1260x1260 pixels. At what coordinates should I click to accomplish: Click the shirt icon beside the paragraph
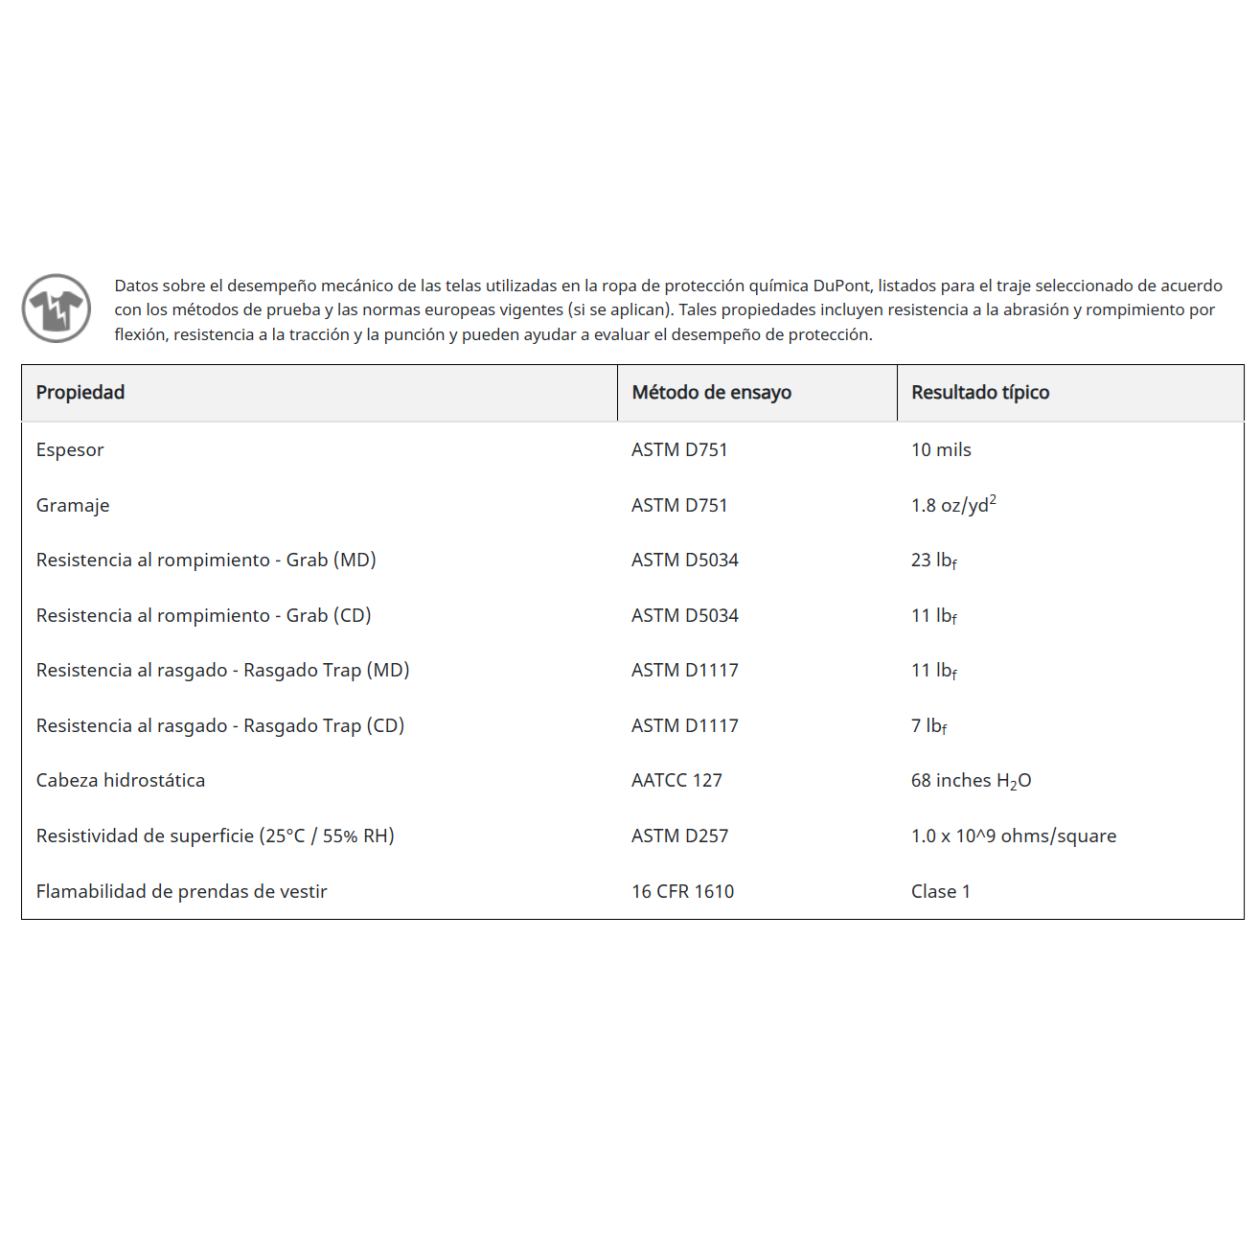pyautogui.click(x=57, y=309)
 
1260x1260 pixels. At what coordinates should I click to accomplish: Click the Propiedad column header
pyautogui.click(x=80, y=393)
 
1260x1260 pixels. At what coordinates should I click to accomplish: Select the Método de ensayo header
pyautogui.click(x=711, y=393)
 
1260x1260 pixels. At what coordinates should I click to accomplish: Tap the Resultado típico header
pyautogui.click(x=980, y=393)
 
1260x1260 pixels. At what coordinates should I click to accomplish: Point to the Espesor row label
pyautogui.click(x=70, y=450)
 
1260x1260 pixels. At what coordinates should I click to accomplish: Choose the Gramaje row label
pyautogui.click(x=73, y=506)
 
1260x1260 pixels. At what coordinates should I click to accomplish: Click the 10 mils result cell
pyautogui.click(x=941, y=450)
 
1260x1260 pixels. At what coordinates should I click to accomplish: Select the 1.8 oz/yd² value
pyautogui.click(x=952, y=505)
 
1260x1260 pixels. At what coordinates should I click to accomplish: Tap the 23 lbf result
pyautogui.click(x=933, y=561)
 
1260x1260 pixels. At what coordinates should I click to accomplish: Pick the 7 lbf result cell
pyautogui.click(x=928, y=726)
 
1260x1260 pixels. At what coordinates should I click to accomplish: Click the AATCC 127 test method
pyautogui.click(x=676, y=781)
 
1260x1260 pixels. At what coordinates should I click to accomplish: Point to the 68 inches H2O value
pyautogui.click(x=971, y=781)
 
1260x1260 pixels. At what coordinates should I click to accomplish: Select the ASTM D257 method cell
pyautogui.click(x=679, y=836)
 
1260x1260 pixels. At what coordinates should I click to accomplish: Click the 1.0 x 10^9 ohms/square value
pyautogui.click(x=1013, y=836)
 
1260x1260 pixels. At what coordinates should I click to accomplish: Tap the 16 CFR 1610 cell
pyautogui.click(x=682, y=892)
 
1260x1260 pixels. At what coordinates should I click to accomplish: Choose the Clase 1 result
pyautogui.click(x=940, y=892)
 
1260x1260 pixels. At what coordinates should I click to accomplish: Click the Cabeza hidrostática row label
pyautogui.click(x=121, y=781)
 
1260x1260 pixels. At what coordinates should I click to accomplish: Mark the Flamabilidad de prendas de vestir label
pyautogui.click(x=181, y=892)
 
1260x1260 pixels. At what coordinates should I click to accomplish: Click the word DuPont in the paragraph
pyautogui.click(x=842, y=286)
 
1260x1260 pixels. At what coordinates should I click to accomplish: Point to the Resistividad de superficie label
pyautogui.click(x=215, y=836)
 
